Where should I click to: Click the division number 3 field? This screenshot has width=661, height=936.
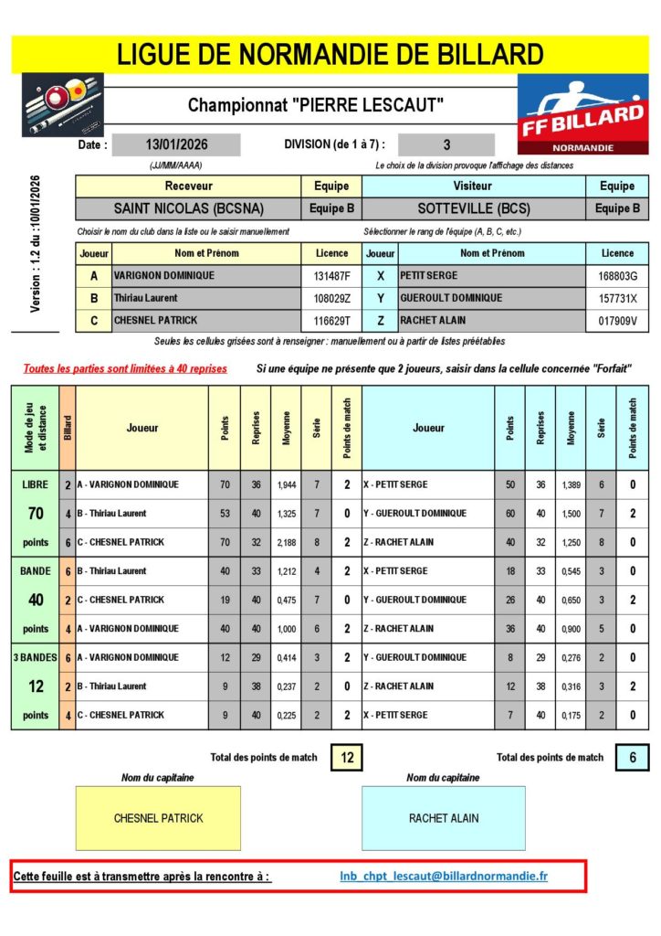click(446, 144)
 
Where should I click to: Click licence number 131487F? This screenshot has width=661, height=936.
click(331, 276)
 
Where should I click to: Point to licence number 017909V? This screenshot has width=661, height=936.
click(617, 321)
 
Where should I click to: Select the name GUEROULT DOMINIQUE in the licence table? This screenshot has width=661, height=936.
click(451, 298)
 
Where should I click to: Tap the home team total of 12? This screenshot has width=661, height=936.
click(347, 757)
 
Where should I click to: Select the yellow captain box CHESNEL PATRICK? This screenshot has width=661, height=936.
click(158, 818)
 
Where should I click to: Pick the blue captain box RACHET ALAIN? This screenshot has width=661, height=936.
click(443, 818)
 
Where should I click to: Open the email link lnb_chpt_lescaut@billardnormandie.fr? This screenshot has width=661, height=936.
click(444, 877)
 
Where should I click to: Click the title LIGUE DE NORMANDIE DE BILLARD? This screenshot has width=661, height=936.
click(330, 54)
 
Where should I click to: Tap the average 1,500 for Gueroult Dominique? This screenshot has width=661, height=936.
click(571, 514)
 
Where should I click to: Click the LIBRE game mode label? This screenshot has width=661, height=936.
click(36, 484)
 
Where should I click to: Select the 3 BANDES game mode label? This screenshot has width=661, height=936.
click(36, 657)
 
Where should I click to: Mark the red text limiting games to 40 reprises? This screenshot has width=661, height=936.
click(126, 369)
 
